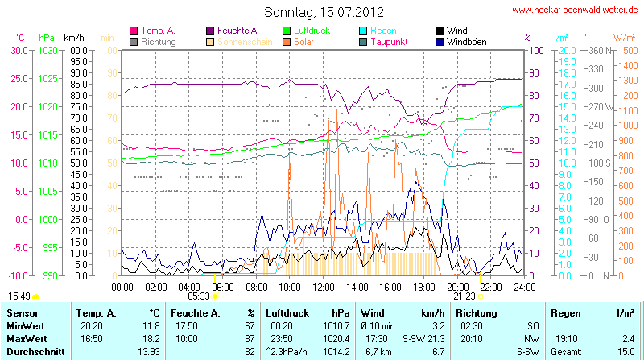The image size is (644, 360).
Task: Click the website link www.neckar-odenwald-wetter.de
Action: click(576, 10)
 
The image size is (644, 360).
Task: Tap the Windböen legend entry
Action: click(465, 41)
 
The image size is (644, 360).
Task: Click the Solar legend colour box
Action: click(287, 41)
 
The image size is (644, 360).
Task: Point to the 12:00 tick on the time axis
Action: click(324, 286)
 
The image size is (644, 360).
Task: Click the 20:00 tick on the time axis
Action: click(457, 286)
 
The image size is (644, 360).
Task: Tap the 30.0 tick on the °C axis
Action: click(18, 50)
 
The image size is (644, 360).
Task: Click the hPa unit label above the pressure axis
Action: click(47, 37)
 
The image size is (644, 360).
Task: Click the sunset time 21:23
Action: click(464, 296)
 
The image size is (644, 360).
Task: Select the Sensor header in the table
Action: click(22, 312)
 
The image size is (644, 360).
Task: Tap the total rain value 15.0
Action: click(626, 352)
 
